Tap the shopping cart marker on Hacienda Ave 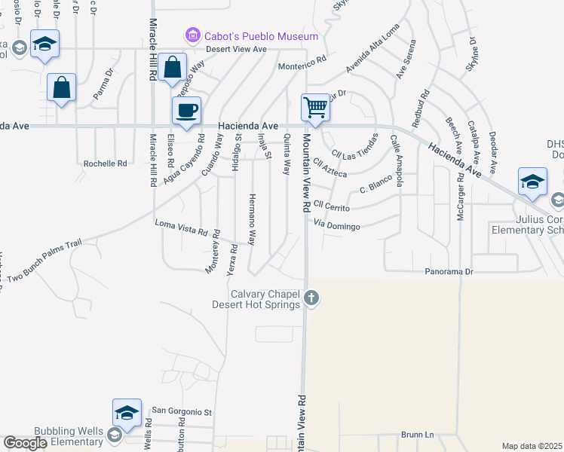(315, 107)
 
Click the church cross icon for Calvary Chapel (311, 300)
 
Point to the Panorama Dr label (448, 270)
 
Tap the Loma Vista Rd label (181, 228)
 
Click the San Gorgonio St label (182, 412)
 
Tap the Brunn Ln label (418, 435)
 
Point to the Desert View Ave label (238, 49)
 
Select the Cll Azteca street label (330, 167)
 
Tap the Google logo (25, 443)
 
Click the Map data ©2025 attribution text (531, 446)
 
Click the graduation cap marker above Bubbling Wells (127, 412)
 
